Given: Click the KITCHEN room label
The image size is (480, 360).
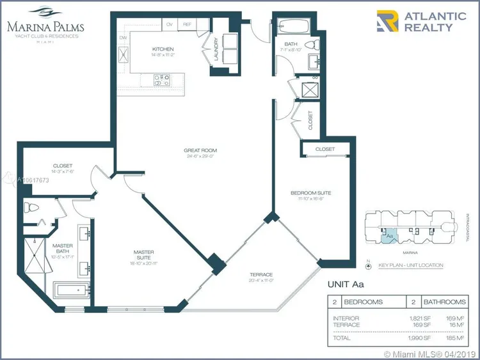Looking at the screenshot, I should click(162, 49).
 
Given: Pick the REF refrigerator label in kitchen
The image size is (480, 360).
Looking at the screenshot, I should click(188, 24).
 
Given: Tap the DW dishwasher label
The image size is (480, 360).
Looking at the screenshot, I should click(123, 38).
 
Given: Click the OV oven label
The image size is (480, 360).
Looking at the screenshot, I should click(170, 24).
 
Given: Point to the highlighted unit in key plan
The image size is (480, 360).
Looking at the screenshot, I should click(390, 235).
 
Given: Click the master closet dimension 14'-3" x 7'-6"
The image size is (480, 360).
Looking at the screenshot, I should click(63, 171).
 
